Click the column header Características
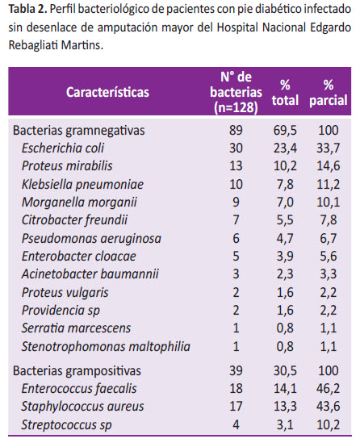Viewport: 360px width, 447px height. pyautogui.click(x=107, y=92)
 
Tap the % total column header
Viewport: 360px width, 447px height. pyautogui.click(x=285, y=92)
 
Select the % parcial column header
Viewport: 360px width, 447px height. pyautogui.click(x=329, y=92)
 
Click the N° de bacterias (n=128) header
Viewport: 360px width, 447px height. pyautogui.click(x=236, y=92)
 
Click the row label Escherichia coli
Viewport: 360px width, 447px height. pyautogui.click(x=63, y=148)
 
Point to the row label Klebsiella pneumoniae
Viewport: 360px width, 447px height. pyautogui.click(x=82, y=184)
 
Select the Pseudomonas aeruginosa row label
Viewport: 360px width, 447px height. pyautogui.click(x=91, y=238)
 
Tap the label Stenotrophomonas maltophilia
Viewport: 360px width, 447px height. pyautogui.click(x=106, y=347)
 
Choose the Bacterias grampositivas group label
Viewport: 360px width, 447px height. pyautogui.click(x=77, y=371)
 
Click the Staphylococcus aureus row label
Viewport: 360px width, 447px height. pyautogui.click(x=82, y=406)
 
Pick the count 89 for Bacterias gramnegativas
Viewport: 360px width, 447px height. pyautogui.click(x=236, y=130)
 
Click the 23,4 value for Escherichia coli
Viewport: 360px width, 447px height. pyautogui.click(x=285, y=148)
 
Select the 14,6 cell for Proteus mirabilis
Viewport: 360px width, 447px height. pyautogui.click(x=329, y=166)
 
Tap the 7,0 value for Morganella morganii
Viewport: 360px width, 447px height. pyautogui.click(x=285, y=203)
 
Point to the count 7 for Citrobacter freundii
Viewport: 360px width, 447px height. pyautogui.click(x=236, y=219)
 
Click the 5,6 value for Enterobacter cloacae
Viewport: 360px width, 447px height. pyautogui.click(x=329, y=256)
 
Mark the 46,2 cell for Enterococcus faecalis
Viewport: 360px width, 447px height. pyautogui.click(x=329, y=388)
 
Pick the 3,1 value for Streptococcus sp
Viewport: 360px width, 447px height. pyautogui.click(x=285, y=424)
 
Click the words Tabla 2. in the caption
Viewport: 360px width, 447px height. pyautogui.click(x=27, y=9)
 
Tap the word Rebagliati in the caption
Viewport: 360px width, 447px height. pyautogui.click(x=33, y=45)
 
